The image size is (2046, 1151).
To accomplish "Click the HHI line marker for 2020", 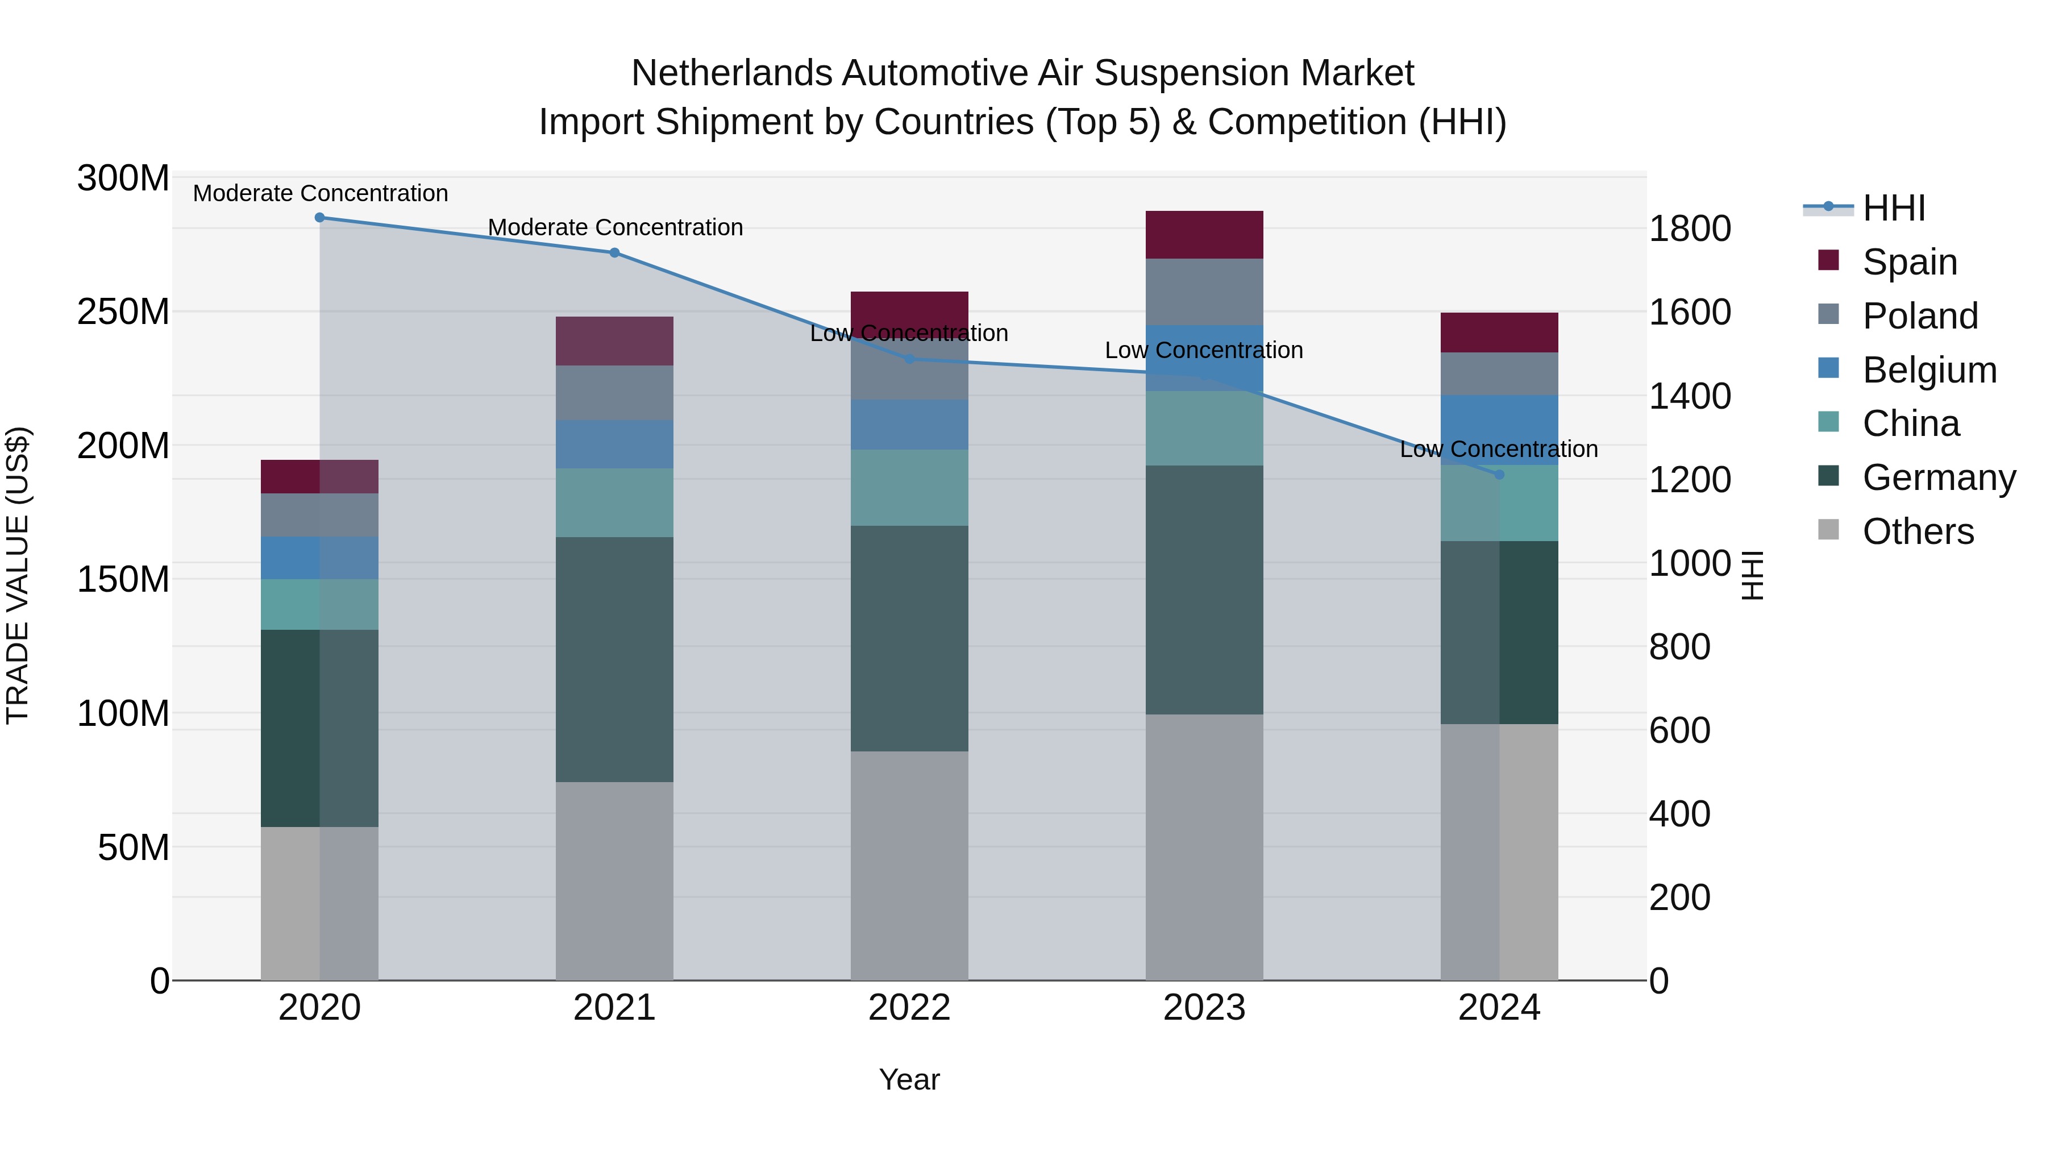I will coord(319,218).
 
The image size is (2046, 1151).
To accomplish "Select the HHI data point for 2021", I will coord(615,252).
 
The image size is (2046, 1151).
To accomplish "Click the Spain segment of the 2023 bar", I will coord(1204,235).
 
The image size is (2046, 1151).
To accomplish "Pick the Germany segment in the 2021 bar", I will coord(615,659).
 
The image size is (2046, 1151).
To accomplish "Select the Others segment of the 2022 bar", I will coord(909,866).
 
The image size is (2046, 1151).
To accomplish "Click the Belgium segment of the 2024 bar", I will coord(1500,429).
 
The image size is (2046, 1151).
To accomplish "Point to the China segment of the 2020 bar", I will coord(319,605).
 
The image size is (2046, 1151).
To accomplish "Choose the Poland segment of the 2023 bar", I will coord(1204,292).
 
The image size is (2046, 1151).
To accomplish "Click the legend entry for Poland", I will coord(1920,316).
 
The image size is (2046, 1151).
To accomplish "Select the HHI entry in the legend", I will coord(1894,208).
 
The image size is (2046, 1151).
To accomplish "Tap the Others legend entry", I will coord(1918,531).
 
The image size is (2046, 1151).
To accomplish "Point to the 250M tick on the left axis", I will coord(123,312).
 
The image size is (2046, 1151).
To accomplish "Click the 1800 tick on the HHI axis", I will coord(1690,228).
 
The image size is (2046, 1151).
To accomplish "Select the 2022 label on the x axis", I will coord(909,1008).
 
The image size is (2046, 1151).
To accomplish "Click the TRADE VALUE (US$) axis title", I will coord(18,575).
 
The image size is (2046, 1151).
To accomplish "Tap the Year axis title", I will coord(909,1079).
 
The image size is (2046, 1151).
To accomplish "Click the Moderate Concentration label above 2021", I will coord(616,227).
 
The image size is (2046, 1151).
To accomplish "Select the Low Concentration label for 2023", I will coord(1204,350).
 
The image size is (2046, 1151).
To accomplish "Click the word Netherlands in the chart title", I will coord(731,73).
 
